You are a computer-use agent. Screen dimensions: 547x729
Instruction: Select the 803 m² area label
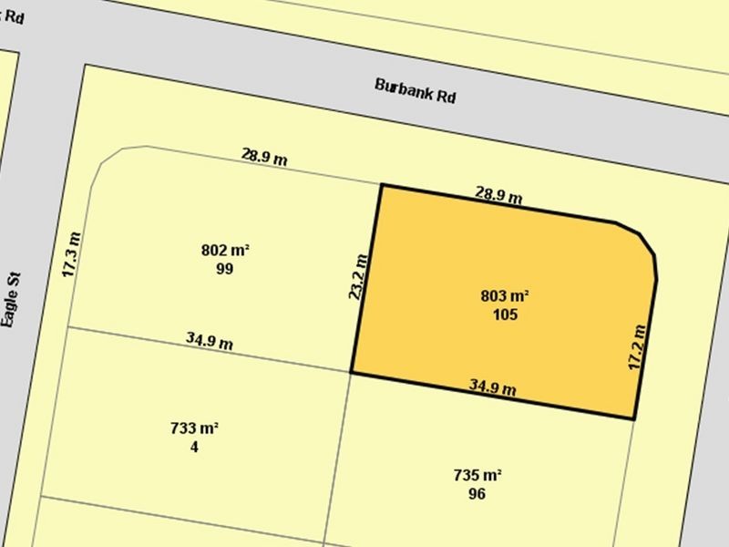[x=505, y=296]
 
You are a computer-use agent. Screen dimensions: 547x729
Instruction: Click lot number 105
[x=505, y=315]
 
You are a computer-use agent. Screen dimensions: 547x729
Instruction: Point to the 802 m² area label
[x=225, y=250]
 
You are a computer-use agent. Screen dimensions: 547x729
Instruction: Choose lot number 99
[x=225, y=269]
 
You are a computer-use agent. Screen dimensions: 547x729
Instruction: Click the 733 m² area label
[x=194, y=428]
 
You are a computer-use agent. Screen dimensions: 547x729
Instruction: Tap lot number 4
[x=194, y=447]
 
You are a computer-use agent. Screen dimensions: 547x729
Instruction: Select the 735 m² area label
[x=477, y=475]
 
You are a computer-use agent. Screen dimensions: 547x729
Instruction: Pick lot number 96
[x=477, y=494]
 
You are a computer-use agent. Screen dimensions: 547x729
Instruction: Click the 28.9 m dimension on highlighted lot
[x=498, y=194]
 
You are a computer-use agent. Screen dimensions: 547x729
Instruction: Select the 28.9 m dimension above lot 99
[x=264, y=156]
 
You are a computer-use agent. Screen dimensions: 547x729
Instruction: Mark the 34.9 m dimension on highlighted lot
[x=493, y=387]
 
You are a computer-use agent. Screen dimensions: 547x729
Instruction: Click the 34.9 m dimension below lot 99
[x=210, y=341]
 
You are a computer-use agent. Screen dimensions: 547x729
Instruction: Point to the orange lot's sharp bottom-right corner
[x=634, y=418]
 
